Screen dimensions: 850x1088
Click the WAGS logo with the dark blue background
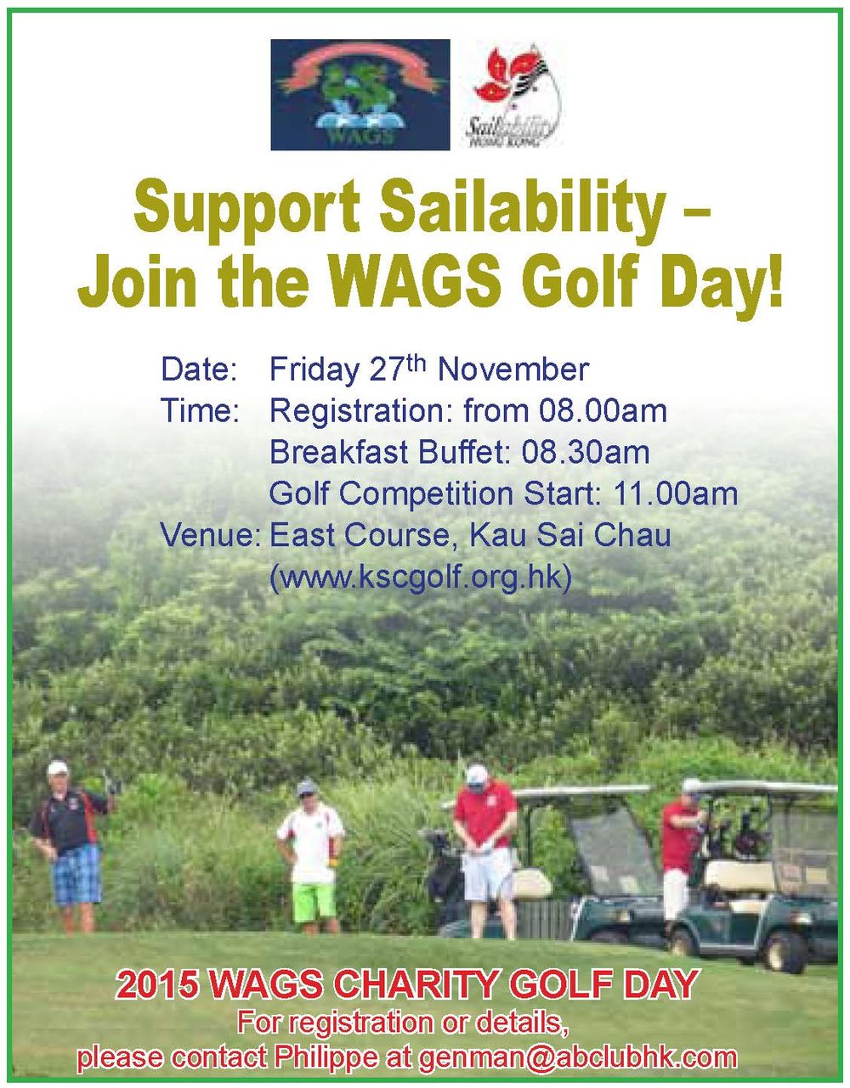point(360,94)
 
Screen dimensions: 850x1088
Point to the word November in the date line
point(513,370)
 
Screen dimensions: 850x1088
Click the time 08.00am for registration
point(603,411)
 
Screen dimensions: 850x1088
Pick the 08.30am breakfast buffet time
point(586,452)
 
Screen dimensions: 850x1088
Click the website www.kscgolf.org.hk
point(420,578)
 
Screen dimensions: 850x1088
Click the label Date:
point(199,370)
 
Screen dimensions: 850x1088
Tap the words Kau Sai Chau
point(570,535)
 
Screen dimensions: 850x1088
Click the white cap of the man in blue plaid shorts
point(58,768)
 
